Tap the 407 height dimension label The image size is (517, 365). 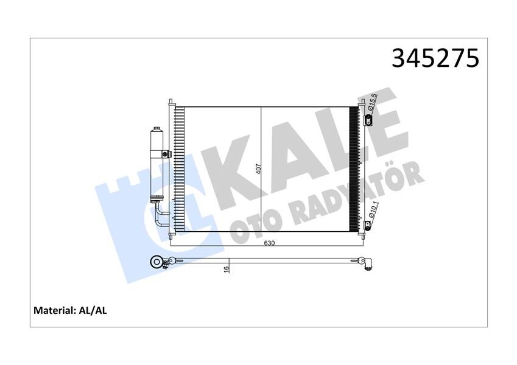coord(258,169)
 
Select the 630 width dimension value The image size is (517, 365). coord(269,243)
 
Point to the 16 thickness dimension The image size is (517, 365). coord(225,268)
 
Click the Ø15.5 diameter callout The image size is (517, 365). coord(374,103)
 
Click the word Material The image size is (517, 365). coord(54,310)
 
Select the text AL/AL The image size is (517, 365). coord(93,310)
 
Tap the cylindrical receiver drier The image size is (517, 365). coord(157,164)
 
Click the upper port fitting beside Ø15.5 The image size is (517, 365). coord(369,120)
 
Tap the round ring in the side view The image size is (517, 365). coord(157,263)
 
